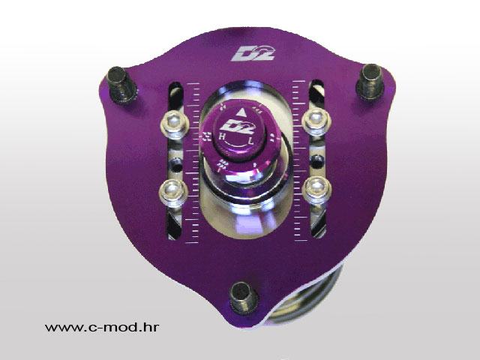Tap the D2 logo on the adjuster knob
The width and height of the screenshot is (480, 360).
click(238, 127)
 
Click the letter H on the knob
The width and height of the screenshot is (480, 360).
click(222, 137)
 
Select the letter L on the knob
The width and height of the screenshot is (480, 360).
click(251, 141)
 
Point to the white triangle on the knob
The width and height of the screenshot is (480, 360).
click(241, 112)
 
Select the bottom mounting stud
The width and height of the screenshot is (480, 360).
click(244, 297)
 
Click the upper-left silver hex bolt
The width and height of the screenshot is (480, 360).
click(173, 122)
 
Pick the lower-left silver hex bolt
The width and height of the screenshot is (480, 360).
click(173, 191)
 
